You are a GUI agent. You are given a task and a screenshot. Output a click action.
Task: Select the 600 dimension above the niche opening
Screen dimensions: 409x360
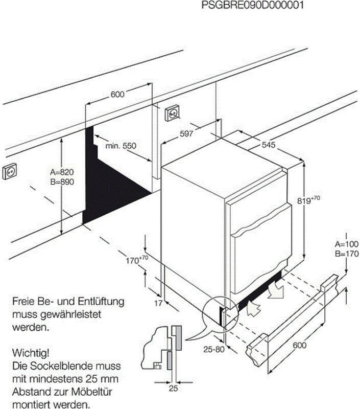click(x=117, y=94)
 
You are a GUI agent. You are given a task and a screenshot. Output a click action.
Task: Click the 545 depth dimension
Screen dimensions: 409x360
click(x=269, y=145)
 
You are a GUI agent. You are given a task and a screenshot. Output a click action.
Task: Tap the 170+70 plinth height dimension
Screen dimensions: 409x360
click(x=136, y=260)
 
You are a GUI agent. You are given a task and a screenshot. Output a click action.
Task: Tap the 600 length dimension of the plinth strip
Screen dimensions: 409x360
click(x=300, y=346)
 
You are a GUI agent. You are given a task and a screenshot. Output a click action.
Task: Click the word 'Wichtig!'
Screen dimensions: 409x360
click(x=31, y=353)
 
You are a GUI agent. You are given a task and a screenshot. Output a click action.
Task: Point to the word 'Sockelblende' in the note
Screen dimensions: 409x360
click(x=56, y=367)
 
